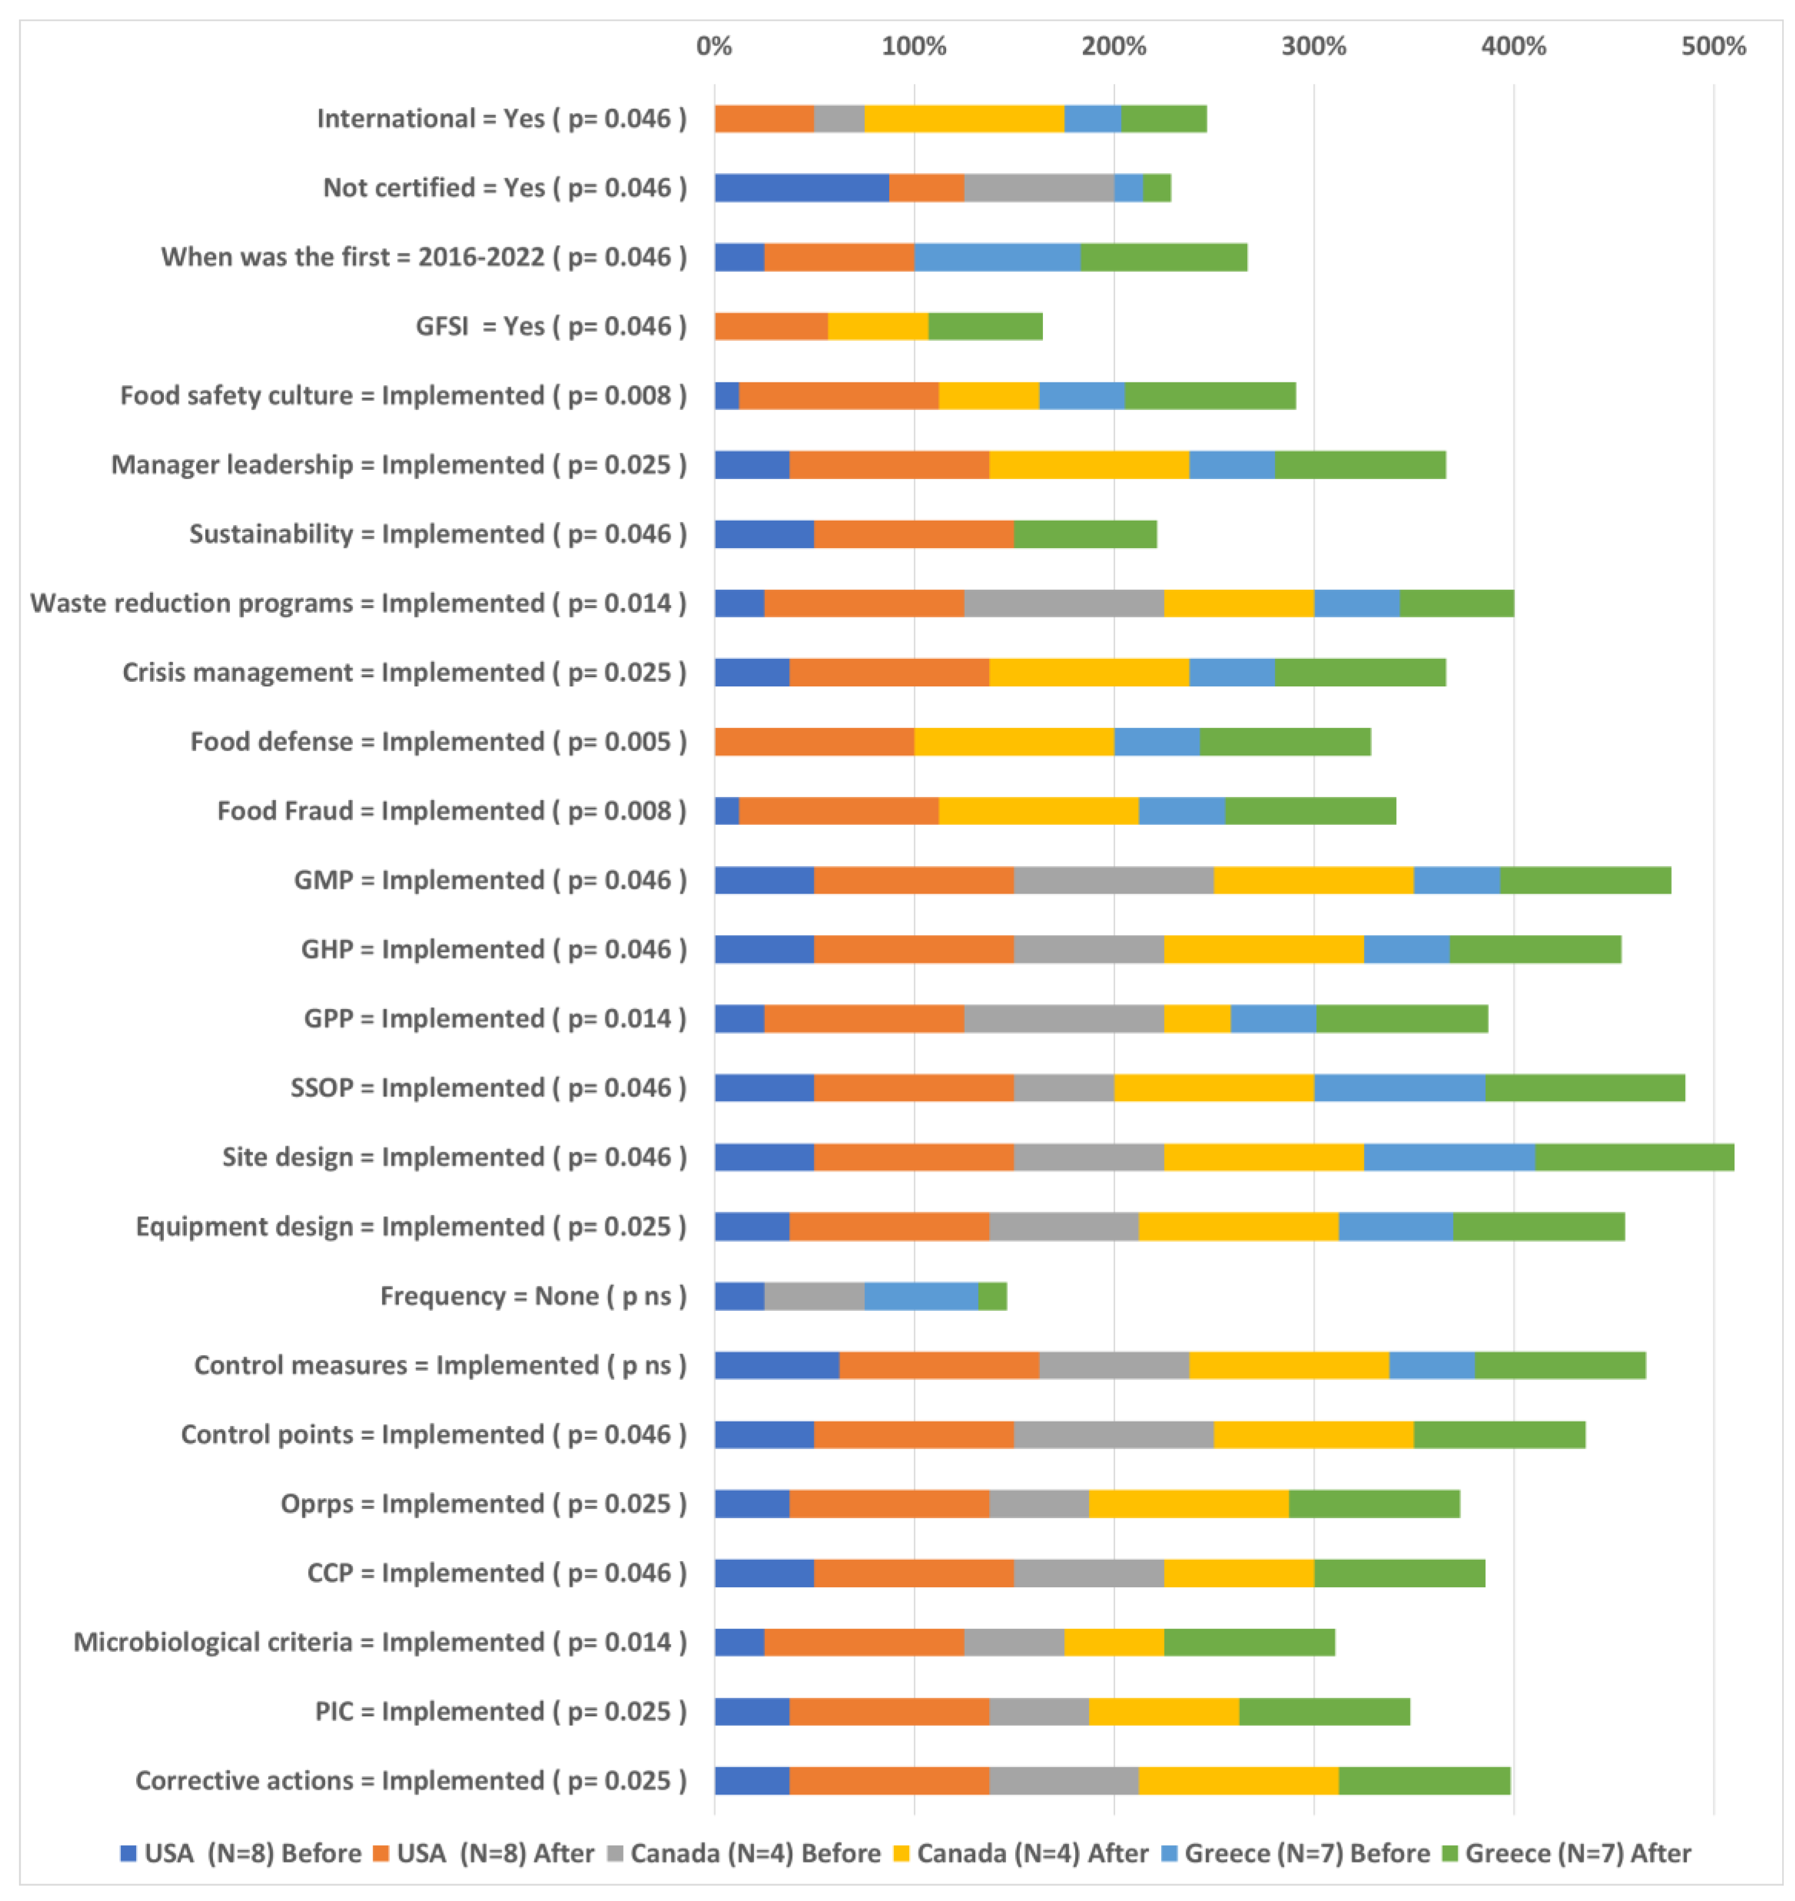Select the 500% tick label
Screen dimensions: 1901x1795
click(x=1713, y=46)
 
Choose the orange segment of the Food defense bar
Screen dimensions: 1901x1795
click(x=814, y=742)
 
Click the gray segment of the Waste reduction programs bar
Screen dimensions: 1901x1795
click(x=1064, y=603)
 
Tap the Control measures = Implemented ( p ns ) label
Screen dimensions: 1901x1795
click(x=440, y=1365)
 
